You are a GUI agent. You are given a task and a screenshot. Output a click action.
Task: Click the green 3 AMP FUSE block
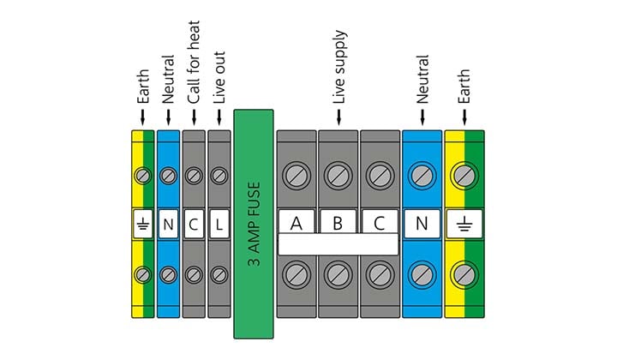(254, 225)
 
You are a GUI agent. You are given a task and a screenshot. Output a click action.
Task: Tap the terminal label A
(297, 225)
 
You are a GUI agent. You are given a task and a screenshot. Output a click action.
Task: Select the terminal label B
(338, 225)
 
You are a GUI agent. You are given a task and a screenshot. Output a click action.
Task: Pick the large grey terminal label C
(380, 225)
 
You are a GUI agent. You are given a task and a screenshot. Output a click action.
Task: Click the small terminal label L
(219, 225)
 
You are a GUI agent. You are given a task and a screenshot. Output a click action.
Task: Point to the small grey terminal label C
(194, 225)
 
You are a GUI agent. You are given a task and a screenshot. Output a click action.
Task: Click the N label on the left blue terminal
(168, 225)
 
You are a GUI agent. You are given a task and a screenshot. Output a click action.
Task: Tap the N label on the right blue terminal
(422, 225)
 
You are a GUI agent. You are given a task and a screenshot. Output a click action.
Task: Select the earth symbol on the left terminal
(142, 225)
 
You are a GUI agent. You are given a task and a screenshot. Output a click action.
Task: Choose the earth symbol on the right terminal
(464, 225)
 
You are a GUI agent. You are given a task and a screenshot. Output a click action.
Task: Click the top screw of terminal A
(297, 176)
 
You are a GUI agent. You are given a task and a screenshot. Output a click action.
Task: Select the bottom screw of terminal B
(338, 274)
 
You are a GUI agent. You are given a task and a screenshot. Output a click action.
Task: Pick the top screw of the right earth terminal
(464, 176)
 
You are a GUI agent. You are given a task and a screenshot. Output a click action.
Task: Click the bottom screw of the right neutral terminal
(422, 274)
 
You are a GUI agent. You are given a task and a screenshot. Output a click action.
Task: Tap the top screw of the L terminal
(219, 177)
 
